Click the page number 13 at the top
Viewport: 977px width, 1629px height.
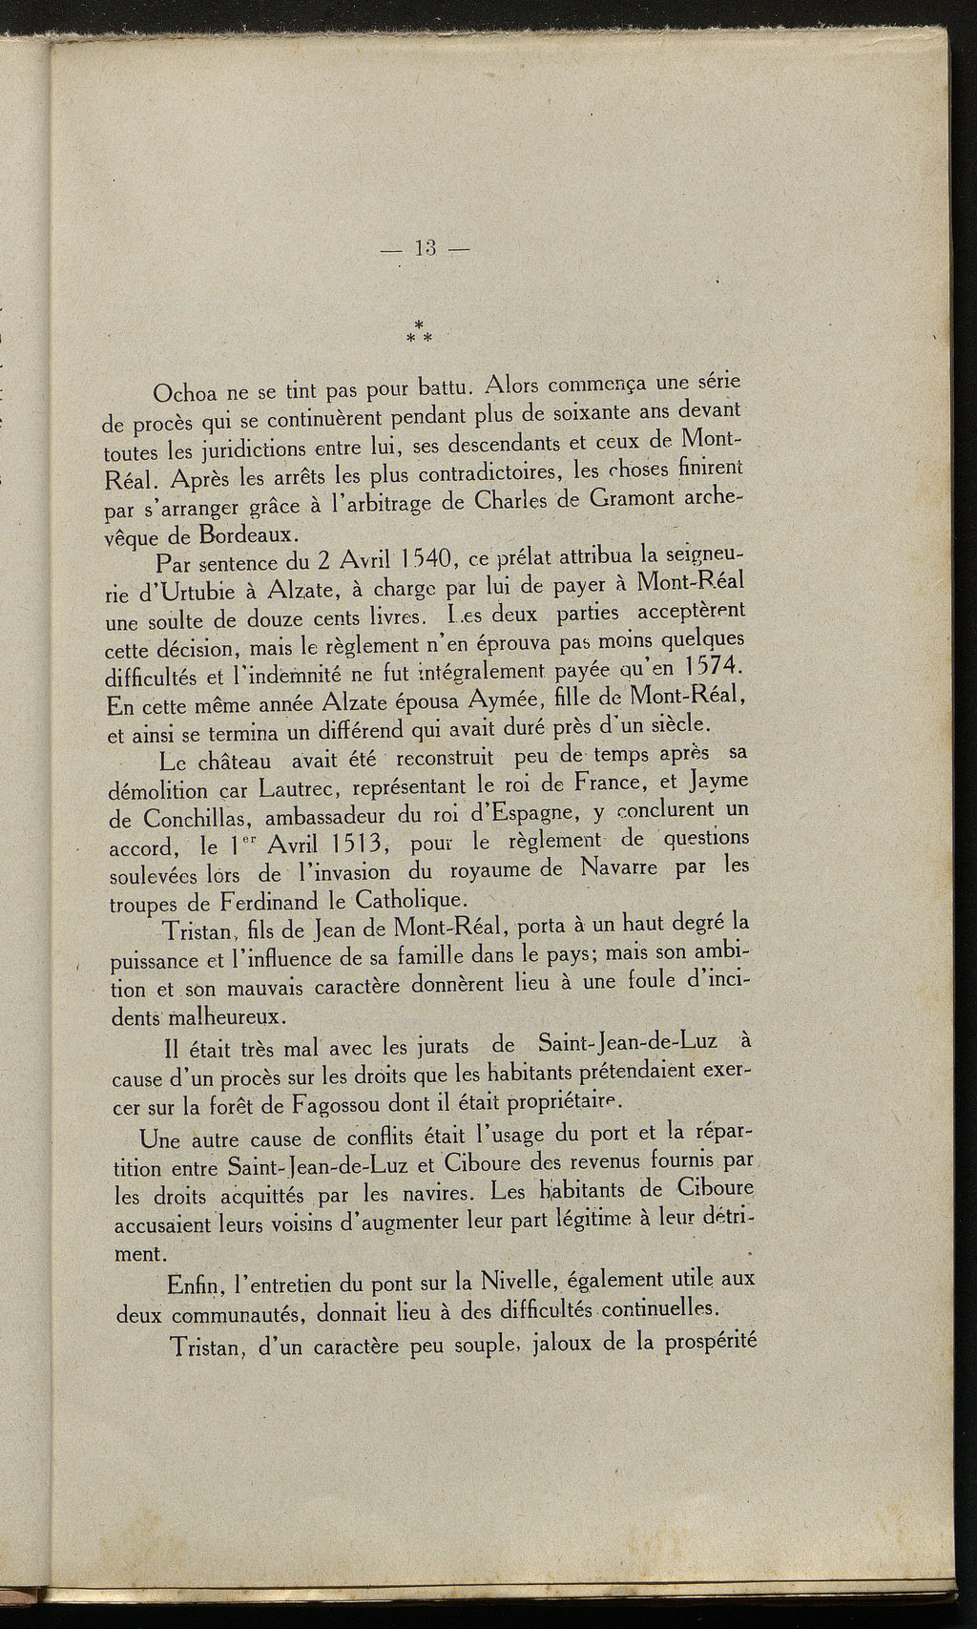point(425,250)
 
